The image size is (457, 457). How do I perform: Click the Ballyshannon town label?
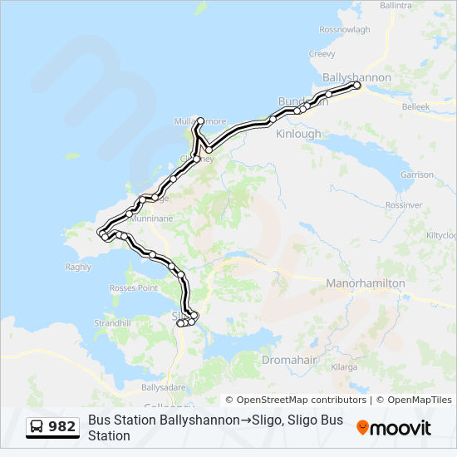(356, 77)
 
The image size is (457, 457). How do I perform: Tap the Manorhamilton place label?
(365, 283)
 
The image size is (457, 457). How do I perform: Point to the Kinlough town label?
(297, 134)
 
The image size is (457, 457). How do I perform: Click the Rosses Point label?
(133, 288)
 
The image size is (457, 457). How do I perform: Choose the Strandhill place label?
(112, 322)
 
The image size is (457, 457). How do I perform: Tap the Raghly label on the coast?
(78, 267)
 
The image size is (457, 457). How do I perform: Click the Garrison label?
(416, 175)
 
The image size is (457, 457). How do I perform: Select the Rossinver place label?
(404, 204)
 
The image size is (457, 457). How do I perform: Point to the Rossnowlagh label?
(344, 29)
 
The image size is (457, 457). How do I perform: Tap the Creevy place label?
(322, 54)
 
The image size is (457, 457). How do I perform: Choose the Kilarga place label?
(342, 366)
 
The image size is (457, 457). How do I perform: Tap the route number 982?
(61, 427)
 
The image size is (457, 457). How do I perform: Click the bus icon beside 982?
(37, 427)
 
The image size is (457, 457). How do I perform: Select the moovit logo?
(394, 428)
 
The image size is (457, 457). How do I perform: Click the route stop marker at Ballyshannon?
(356, 86)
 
